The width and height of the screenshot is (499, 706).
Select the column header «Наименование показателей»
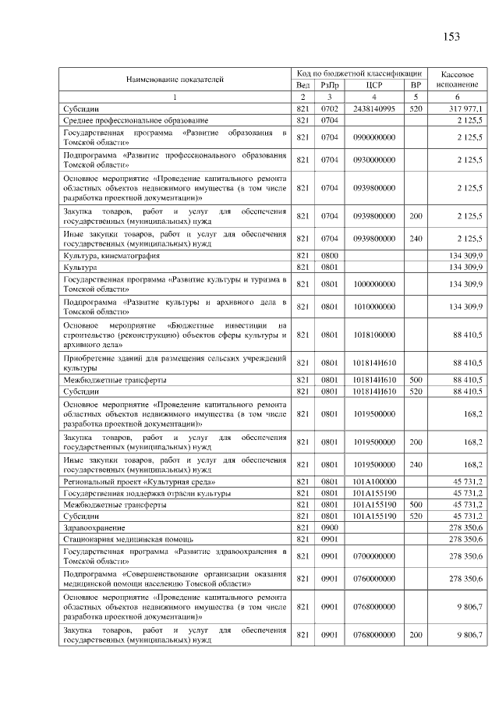[x=175, y=79]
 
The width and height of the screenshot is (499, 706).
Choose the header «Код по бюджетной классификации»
[x=359, y=73]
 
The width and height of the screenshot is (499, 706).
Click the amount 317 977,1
[x=466, y=108]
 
